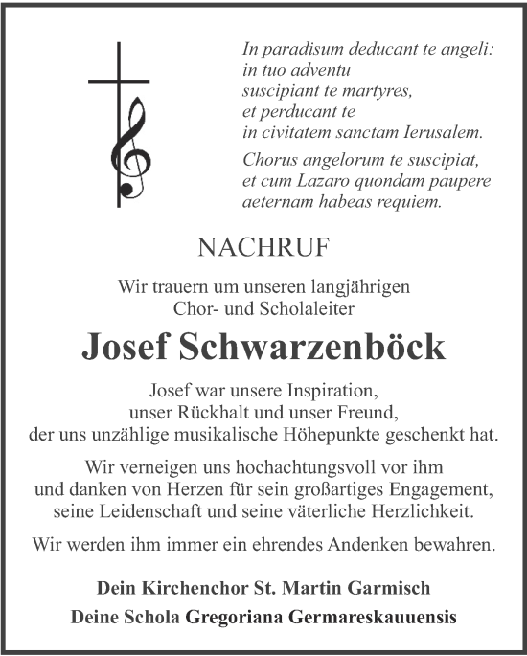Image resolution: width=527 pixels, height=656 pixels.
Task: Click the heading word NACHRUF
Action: [263, 249]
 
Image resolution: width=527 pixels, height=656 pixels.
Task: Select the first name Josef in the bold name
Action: [127, 349]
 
